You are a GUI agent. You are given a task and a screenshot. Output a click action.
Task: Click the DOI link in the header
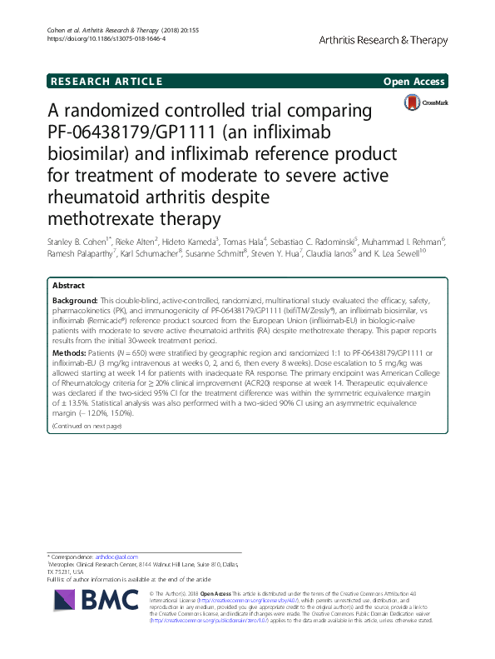click(x=107, y=37)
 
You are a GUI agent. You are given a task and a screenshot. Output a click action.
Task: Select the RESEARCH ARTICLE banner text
click(x=106, y=81)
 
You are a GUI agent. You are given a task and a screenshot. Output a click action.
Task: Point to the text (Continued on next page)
click(x=87, y=426)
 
